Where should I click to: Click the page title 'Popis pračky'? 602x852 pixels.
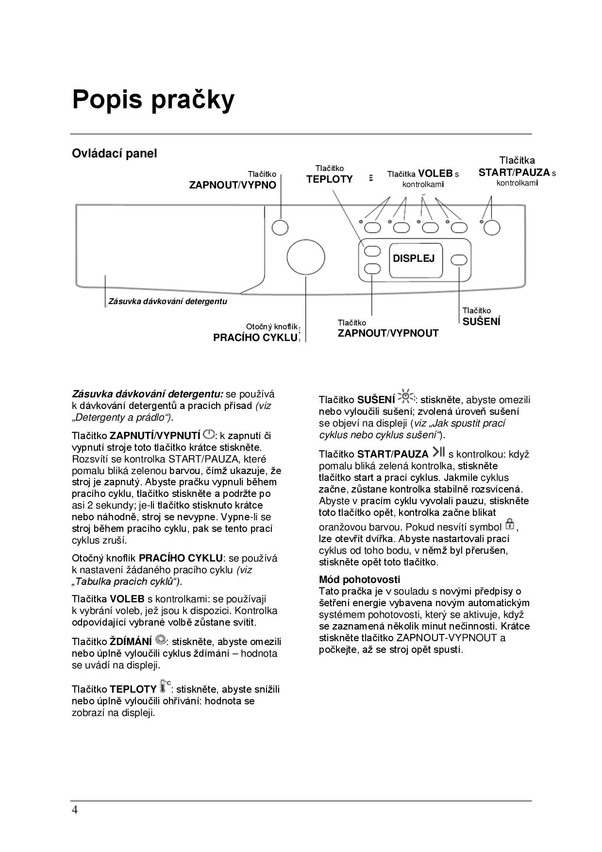tap(153, 100)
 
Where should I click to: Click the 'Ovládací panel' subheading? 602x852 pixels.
tap(115, 153)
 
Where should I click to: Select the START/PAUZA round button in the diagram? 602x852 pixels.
tap(492, 227)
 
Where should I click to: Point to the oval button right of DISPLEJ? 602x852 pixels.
tap(459, 260)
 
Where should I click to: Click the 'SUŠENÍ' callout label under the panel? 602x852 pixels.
tap(481, 322)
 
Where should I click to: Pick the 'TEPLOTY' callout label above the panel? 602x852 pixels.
tap(329, 179)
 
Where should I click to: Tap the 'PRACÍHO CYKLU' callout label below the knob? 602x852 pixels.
tap(255, 338)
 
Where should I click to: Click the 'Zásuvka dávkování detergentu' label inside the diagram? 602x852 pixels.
tap(167, 301)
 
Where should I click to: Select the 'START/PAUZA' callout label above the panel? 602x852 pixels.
tap(514, 172)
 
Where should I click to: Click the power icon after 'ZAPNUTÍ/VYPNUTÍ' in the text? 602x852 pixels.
tap(208, 434)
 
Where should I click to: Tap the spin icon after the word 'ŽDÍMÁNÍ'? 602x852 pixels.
tap(161, 640)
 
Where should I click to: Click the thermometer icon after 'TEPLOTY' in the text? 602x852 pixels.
tap(165, 686)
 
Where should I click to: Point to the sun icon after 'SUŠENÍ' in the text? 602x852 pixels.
tap(405, 397)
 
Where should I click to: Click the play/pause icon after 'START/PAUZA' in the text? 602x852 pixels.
tap(438, 452)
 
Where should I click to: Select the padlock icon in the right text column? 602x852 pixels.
tap(509, 524)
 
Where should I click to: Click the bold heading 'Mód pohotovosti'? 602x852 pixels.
tap(359, 579)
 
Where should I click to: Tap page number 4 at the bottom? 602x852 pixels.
tap(74, 810)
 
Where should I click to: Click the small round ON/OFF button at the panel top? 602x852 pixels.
tap(280, 227)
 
